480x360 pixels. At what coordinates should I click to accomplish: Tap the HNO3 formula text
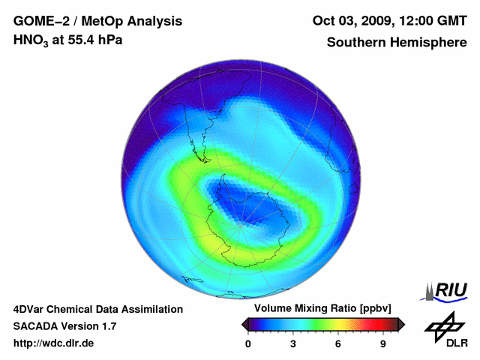(32, 40)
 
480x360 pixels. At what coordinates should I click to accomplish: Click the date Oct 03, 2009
(350, 21)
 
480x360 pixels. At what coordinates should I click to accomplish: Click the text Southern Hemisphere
(397, 42)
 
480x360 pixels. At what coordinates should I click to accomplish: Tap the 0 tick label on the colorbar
(248, 343)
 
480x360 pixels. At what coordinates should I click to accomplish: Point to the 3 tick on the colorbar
(293, 343)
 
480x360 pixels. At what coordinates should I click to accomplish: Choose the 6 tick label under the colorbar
(338, 343)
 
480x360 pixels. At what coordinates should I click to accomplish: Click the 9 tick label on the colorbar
(383, 343)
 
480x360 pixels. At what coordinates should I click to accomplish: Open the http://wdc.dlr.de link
(54, 343)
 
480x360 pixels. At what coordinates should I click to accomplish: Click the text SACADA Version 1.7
(64, 326)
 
